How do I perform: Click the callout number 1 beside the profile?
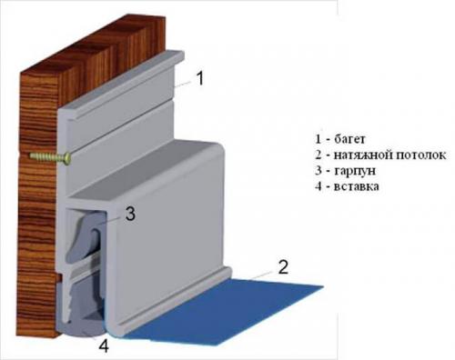pos(200,78)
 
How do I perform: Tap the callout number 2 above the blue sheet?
pos(283,267)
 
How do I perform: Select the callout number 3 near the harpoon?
pos(130,214)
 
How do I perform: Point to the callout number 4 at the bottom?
pos(104,345)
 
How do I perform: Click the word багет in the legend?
pos(349,139)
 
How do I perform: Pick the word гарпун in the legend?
pos(355,171)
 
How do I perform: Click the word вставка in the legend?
pos(357,186)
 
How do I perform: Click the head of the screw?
pos(67,158)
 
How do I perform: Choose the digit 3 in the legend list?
pos(318,171)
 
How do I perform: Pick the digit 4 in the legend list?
pos(318,186)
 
